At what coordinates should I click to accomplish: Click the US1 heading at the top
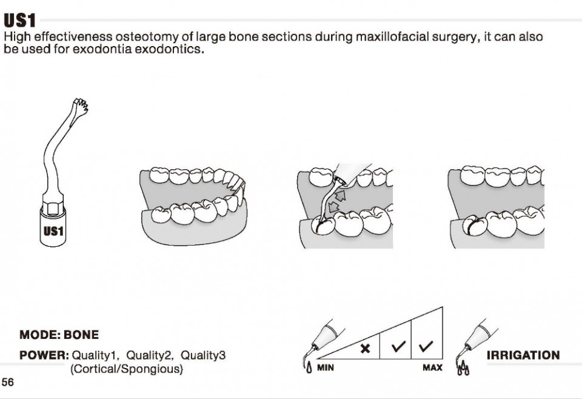19,21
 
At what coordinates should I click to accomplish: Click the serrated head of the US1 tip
81,105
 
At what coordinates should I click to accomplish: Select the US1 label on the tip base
53,231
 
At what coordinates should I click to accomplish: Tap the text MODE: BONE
59,335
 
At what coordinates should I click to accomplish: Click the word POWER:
44,355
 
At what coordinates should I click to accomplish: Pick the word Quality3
203,355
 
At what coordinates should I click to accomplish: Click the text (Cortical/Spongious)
127,369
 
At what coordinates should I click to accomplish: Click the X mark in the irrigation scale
365,348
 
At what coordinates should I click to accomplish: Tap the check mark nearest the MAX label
426,346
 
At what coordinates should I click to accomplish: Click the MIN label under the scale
326,368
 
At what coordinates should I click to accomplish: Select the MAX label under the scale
432,368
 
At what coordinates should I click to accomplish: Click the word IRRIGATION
523,355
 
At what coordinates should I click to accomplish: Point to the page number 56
8,382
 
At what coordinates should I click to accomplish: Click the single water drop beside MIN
310,369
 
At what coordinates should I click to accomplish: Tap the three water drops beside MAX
463,369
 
